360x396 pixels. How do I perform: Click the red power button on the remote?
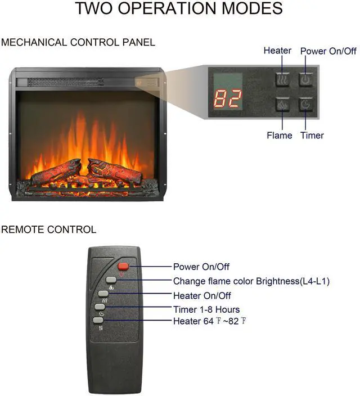(x=123, y=267)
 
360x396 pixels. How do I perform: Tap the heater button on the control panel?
(x=282, y=80)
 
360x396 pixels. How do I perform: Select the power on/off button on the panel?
(x=305, y=80)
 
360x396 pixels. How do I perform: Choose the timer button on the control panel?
(x=305, y=105)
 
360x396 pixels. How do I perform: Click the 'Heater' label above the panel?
(x=277, y=51)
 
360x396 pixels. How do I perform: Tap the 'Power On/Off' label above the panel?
(x=328, y=51)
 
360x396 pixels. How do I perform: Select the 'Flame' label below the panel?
(x=280, y=136)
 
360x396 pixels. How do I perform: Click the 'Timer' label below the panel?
(x=312, y=136)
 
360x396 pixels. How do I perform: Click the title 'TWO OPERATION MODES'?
(x=179, y=9)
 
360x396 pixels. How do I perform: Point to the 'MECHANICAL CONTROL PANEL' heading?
(x=78, y=43)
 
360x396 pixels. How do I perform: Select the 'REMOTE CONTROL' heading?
(x=48, y=229)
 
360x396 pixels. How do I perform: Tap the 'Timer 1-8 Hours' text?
(x=206, y=309)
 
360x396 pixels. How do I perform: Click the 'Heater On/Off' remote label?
(x=202, y=295)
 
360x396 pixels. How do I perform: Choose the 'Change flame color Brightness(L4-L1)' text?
(x=251, y=281)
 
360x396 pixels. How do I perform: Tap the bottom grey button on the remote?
(x=98, y=321)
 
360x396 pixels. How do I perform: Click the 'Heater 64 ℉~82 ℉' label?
(x=210, y=321)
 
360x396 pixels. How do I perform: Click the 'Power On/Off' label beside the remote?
(x=201, y=267)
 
